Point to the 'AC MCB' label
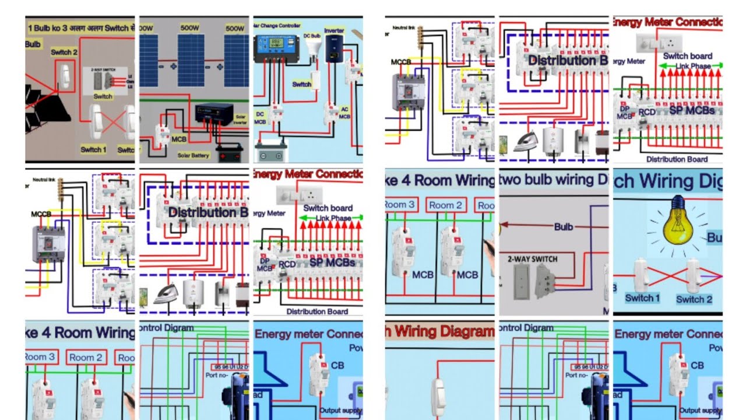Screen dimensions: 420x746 pos(344,113)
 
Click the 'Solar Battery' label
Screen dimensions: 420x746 pos(194,156)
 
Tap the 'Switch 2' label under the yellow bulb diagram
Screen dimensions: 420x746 pos(694,299)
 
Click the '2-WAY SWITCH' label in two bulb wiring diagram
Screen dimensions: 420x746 pos(532,259)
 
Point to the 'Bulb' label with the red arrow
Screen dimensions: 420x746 pos(563,226)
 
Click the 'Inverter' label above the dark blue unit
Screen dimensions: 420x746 pos(334,30)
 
